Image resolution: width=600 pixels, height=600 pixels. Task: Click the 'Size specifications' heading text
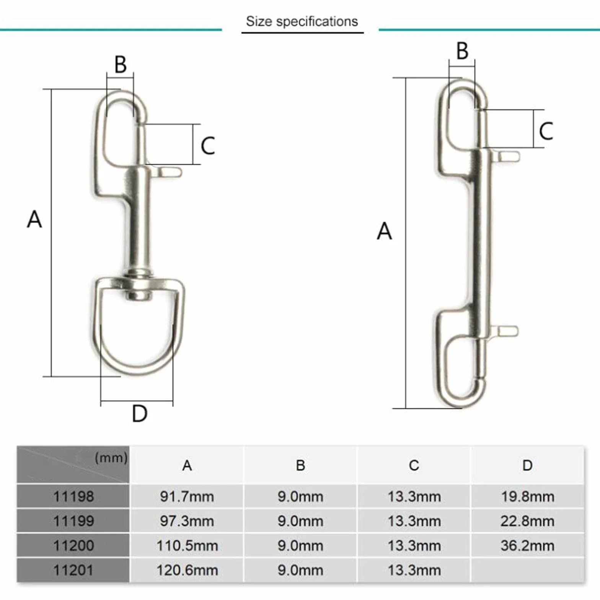[302, 21]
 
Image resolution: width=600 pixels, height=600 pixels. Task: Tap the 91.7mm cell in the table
[187, 496]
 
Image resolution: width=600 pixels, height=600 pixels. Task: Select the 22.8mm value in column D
[527, 521]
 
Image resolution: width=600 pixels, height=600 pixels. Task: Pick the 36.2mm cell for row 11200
[527, 545]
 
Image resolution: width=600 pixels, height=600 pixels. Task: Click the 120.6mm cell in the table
[187, 570]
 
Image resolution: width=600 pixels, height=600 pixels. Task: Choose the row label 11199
[73, 521]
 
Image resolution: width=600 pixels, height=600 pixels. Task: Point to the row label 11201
[73, 570]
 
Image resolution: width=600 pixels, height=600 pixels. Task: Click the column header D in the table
[527, 465]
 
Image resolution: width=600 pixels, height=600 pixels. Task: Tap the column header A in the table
[187, 465]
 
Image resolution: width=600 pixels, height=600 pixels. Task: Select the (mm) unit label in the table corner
[111, 458]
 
